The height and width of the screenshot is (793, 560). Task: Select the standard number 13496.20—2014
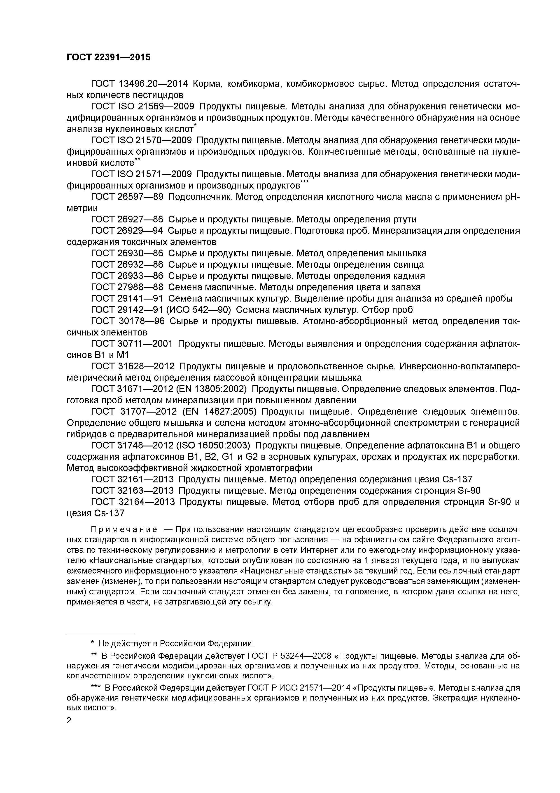[153, 84]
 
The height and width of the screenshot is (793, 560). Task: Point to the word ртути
[405, 219]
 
